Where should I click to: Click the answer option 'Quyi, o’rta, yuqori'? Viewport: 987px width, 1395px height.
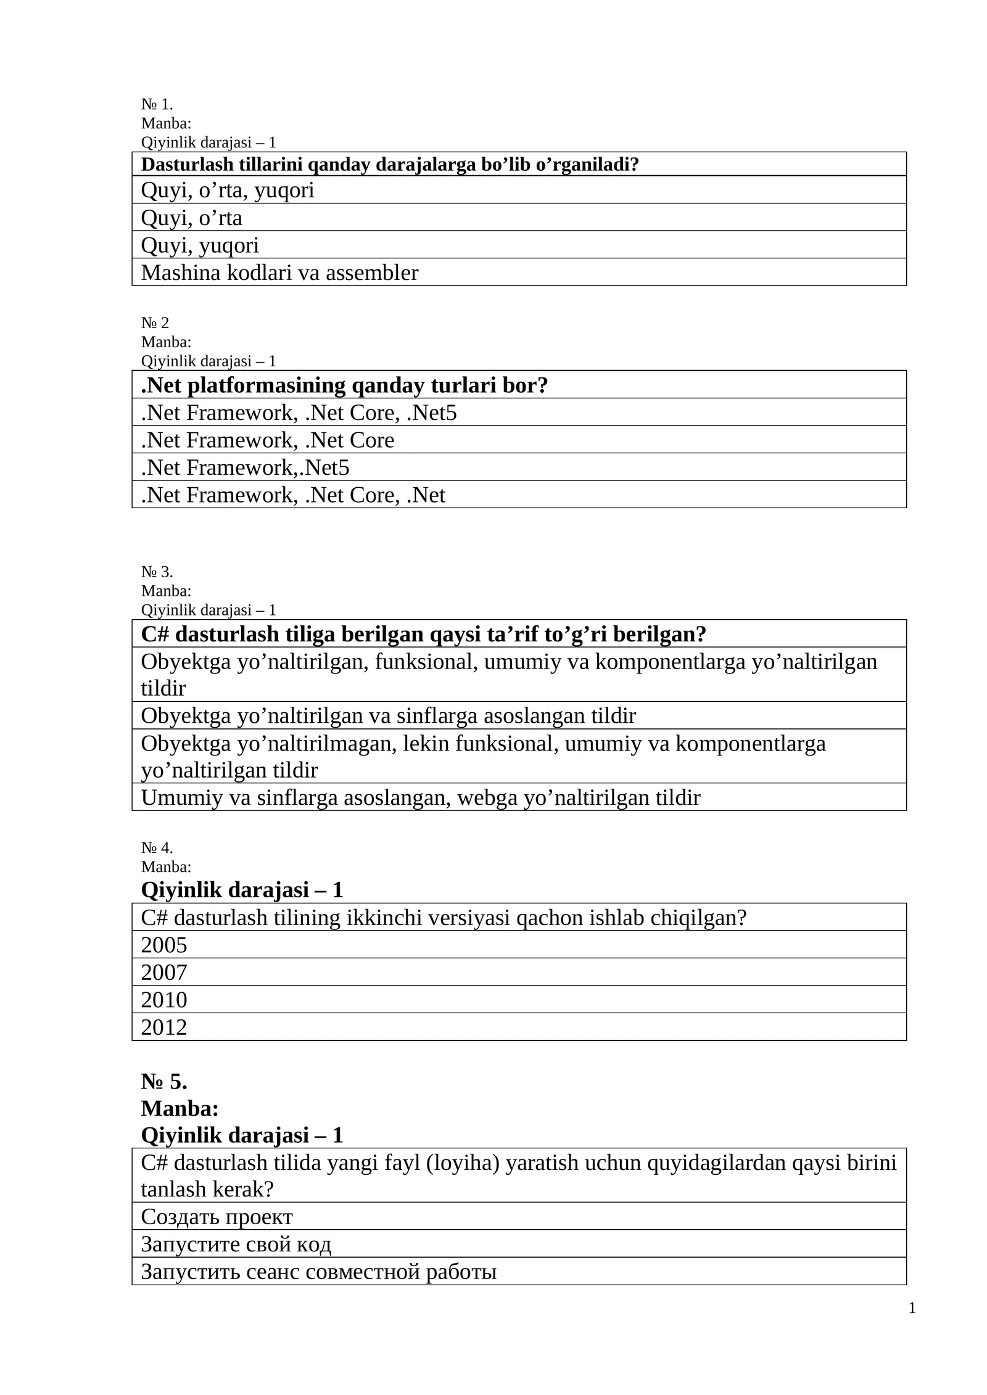(228, 191)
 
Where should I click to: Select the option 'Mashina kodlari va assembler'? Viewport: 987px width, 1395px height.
(279, 273)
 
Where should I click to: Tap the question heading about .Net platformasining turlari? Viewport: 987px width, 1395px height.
(344, 385)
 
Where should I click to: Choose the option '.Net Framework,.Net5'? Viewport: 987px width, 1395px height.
(245, 467)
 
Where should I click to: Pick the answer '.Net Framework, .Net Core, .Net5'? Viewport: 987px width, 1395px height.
(299, 413)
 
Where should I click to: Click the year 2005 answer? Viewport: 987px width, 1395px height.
(164, 945)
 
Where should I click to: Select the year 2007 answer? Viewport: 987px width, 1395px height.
(164, 973)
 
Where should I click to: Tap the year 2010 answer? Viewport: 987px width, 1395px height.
(164, 1000)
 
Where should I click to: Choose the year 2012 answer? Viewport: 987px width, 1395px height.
(164, 1027)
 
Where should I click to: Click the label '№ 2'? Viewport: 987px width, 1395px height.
(155, 323)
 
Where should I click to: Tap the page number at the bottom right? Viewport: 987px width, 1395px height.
(912, 1308)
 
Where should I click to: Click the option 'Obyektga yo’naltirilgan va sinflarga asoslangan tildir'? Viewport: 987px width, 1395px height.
(388, 716)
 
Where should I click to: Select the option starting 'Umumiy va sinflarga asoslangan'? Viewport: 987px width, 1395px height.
(420, 798)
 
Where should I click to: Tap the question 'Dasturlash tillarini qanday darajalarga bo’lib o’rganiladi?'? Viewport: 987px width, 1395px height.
(390, 165)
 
